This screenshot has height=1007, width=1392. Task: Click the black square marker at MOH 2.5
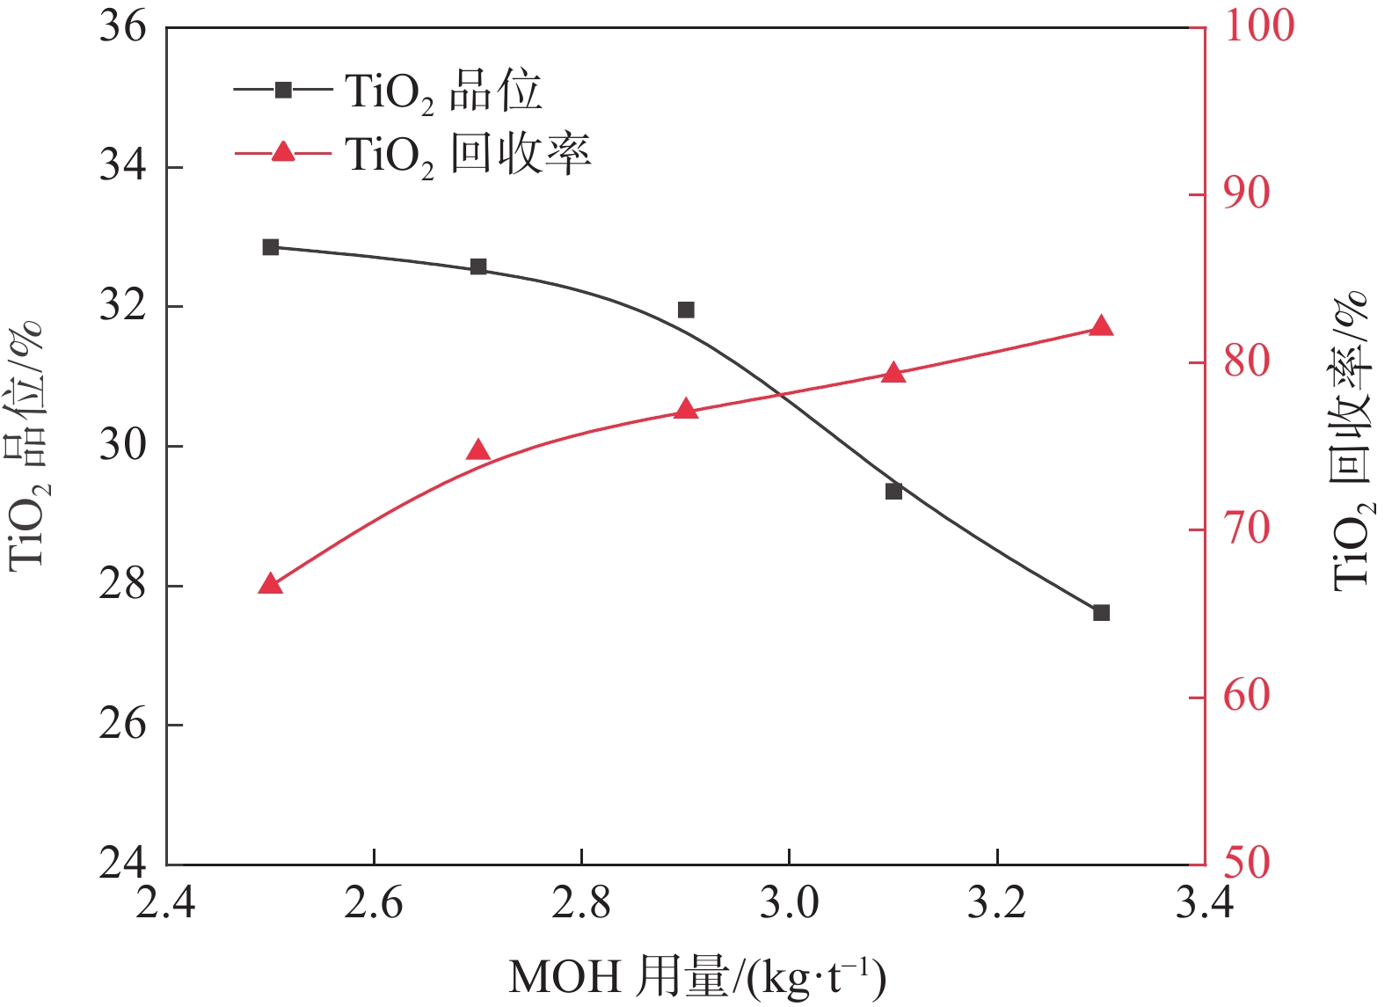270,247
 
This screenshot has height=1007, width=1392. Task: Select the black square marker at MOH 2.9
686,310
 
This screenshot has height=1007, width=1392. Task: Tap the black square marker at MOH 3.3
1101,612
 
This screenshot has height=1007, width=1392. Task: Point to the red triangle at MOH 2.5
270,584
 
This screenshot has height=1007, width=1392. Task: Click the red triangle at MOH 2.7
477,450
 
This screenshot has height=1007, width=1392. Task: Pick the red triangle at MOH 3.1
893,373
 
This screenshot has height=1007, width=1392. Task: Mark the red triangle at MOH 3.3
1101,326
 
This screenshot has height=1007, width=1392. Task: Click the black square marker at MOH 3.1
893,491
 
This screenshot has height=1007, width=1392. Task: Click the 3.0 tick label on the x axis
789,903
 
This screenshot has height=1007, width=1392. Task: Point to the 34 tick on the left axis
122,166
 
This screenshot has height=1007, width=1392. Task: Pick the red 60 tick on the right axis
1247,697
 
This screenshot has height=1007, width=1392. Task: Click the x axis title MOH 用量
696,977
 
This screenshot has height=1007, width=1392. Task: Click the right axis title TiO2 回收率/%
1351,440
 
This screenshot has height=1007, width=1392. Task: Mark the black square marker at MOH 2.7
477,266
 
